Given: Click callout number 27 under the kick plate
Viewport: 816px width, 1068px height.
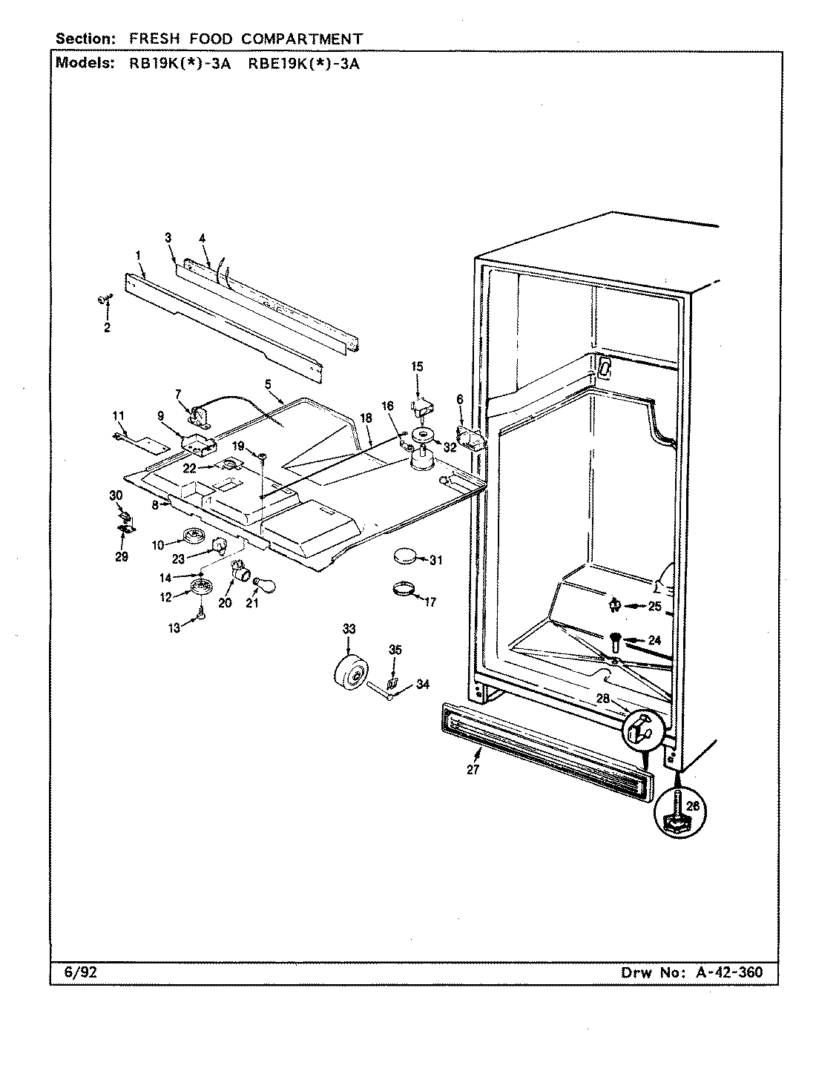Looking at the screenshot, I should pyautogui.click(x=473, y=770).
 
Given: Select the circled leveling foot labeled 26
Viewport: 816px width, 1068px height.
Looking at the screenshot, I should pyautogui.click(x=677, y=818).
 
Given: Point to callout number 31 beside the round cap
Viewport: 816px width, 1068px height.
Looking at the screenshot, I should pyautogui.click(x=435, y=561).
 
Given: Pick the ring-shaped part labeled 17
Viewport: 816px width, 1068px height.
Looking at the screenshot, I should pyautogui.click(x=402, y=590).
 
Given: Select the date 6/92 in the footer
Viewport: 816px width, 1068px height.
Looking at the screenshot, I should pyautogui.click(x=70, y=972).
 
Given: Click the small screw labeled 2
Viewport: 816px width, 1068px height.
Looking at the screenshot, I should pyautogui.click(x=102, y=298).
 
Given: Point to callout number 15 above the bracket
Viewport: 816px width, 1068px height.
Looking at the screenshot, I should pyautogui.click(x=417, y=366).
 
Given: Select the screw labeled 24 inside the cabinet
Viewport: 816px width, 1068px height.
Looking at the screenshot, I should pyautogui.click(x=616, y=639).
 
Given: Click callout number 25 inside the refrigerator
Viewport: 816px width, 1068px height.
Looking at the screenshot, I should pyautogui.click(x=654, y=607).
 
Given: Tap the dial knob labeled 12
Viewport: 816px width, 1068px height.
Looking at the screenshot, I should pyautogui.click(x=200, y=588).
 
